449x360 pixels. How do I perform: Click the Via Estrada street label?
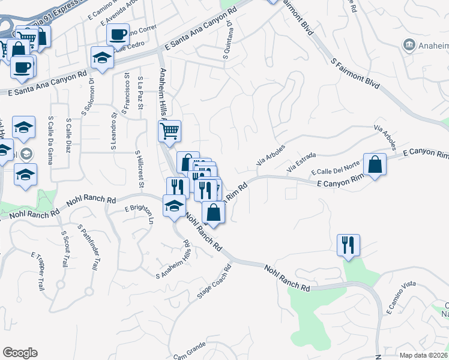coord(301,164)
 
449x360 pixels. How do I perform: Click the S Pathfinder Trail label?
coord(89,248)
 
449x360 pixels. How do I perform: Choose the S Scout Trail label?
coord(64,248)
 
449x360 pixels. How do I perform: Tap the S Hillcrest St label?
coord(140,169)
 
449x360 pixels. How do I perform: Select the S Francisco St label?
coord(127,94)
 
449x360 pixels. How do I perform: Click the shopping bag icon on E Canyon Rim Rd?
coord(375,164)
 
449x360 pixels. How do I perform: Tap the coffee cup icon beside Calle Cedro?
coord(118,34)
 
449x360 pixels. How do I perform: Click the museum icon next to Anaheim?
coord(409,44)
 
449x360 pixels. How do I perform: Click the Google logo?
coord(20,353)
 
